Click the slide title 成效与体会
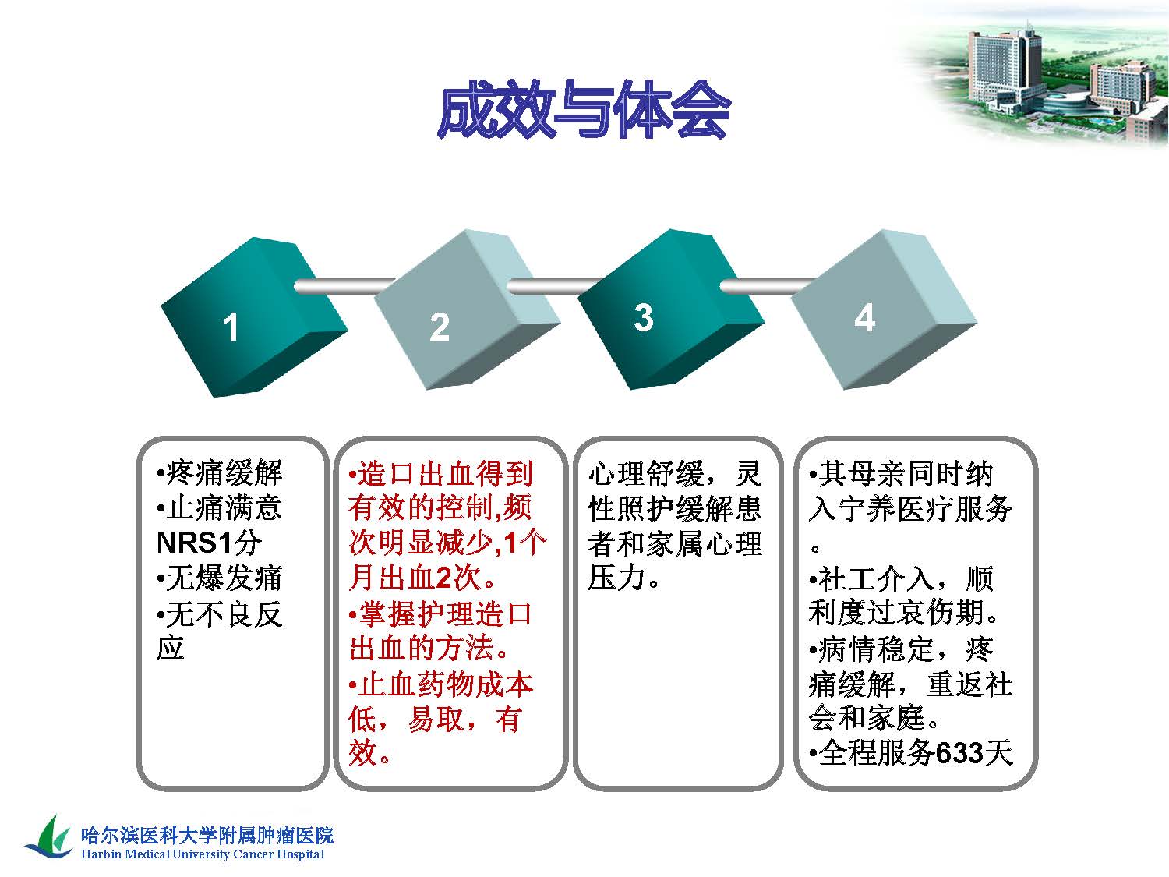(x=584, y=110)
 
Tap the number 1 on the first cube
(x=230, y=327)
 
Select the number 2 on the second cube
(x=440, y=327)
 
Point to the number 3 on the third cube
(x=644, y=317)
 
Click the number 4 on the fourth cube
(x=865, y=318)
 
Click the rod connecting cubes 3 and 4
(x=767, y=286)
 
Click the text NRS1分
(x=210, y=543)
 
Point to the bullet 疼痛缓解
(x=220, y=472)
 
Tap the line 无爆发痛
(x=220, y=578)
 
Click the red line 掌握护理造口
(x=440, y=613)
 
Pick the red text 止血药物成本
(x=440, y=684)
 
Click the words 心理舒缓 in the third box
(x=646, y=473)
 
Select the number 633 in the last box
(x=959, y=753)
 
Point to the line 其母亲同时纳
(x=901, y=473)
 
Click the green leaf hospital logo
(x=48, y=836)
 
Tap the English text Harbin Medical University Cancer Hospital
(x=203, y=854)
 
